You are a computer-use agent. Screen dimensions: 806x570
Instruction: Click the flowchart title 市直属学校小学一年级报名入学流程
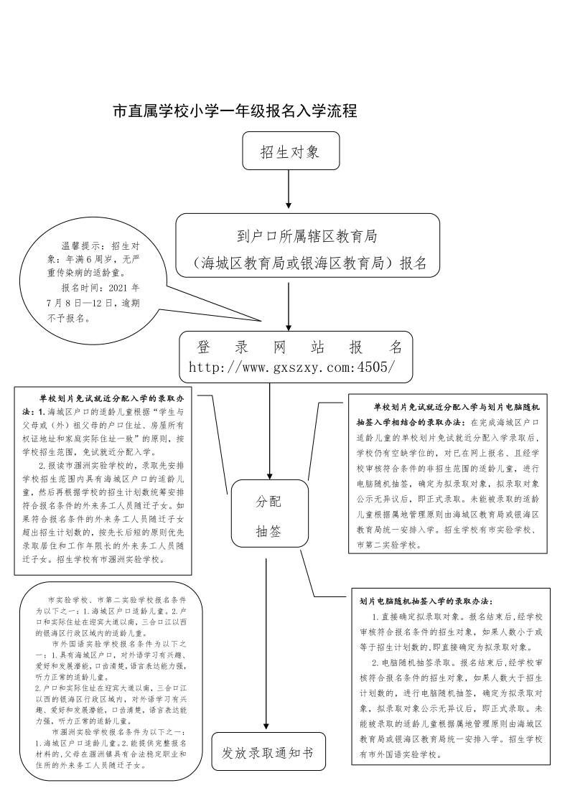click(x=235, y=111)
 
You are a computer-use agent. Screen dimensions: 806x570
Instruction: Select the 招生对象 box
click(x=289, y=151)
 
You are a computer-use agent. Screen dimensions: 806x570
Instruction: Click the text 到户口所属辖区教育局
click(x=307, y=236)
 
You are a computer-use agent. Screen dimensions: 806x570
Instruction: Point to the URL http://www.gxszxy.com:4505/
click(x=291, y=367)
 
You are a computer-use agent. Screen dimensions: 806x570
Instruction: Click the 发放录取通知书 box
click(x=267, y=753)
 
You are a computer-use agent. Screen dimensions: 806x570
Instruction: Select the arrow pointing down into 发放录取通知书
click(x=267, y=646)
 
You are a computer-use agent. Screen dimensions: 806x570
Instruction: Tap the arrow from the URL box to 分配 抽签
click(x=270, y=431)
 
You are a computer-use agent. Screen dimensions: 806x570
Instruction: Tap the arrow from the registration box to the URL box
click(x=289, y=305)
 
